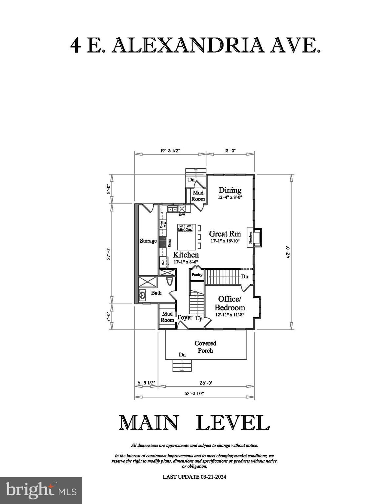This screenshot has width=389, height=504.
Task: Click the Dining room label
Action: click(x=230, y=190)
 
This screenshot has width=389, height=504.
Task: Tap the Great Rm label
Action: click(x=225, y=234)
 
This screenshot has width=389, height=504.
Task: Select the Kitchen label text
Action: click(x=186, y=255)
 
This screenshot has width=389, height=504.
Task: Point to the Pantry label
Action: click(x=197, y=275)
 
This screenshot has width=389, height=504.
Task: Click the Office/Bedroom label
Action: click(x=230, y=303)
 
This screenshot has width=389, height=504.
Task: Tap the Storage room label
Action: click(x=148, y=241)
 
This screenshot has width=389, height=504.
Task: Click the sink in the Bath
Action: click(x=142, y=296)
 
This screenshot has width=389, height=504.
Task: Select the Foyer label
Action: click(x=185, y=317)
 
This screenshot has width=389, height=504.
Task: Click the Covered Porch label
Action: click(x=205, y=347)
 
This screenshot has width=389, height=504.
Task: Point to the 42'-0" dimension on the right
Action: click(x=288, y=252)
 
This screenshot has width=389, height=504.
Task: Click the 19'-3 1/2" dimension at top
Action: click(x=170, y=151)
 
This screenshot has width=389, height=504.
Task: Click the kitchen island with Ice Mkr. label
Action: click(x=187, y=237)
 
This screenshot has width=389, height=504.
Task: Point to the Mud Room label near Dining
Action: click(x=198, y=196)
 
